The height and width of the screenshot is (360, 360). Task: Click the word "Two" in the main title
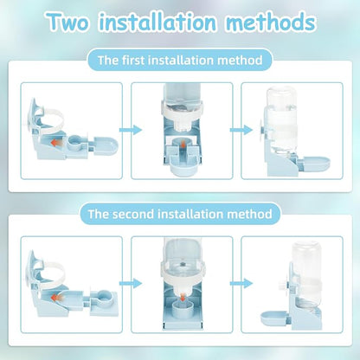tap(68, 22)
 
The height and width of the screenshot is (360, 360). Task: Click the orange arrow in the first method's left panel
tap(56, 142)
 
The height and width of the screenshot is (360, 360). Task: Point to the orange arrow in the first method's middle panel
tap(182, 145)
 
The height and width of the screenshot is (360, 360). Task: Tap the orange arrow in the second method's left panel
tap(56, 297)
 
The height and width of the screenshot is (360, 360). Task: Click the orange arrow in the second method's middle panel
tap(182, 297)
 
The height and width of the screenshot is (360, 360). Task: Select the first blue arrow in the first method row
tap(131, 130)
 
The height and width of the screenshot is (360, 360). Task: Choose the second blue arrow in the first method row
tap(241, 130)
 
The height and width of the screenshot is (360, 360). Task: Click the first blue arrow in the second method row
tap(131, 284)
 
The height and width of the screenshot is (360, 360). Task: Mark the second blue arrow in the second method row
tap(241, 284)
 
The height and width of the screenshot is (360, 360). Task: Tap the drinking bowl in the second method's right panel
tap(273, 318)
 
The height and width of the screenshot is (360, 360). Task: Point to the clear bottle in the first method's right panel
tap(281, 122)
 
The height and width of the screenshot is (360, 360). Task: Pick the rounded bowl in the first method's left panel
tap(106, 146)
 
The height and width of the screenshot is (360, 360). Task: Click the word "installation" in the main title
tap(157, 22)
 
